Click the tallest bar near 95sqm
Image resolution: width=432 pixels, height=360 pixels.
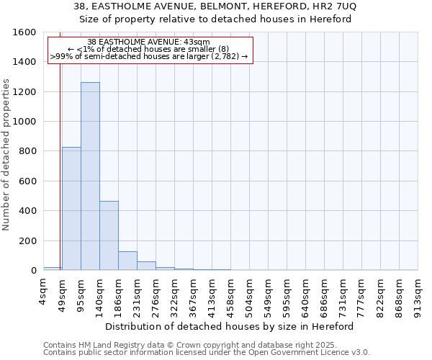coord(90,176)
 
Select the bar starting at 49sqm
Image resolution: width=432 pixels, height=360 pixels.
coord(71,209)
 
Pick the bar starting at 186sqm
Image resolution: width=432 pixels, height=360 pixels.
coord(127,261)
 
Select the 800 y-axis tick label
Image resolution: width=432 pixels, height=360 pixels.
coord(27,151)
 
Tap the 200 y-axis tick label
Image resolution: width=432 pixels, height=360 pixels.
coord(27,240)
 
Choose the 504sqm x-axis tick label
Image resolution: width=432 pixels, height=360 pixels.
coord(250,293)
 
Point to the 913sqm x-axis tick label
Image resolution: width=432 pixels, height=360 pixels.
coord(418,293)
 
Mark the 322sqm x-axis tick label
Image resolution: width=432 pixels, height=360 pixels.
coord(175,293)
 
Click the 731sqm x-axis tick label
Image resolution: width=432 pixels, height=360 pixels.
coord(343,293)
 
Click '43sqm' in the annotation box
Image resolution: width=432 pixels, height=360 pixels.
coord(197,42)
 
